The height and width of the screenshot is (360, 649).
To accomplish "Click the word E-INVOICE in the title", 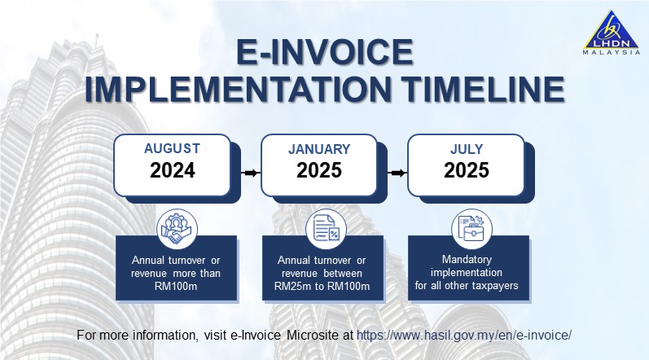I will [324, 54].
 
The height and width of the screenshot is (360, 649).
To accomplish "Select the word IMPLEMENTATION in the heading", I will [229, 90].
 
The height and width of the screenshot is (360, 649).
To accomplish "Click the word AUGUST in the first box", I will [172, 149].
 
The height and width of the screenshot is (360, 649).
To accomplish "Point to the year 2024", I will [173, 170].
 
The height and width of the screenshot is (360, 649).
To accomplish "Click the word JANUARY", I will [319, 149].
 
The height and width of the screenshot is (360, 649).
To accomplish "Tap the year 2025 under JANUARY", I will [319, 170].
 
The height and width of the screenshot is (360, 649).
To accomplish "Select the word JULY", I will [466, 149].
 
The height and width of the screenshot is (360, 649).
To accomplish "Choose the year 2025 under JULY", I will [466, 170].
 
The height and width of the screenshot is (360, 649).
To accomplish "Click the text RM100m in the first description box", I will [176, 286].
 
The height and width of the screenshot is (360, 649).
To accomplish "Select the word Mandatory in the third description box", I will [467, 260].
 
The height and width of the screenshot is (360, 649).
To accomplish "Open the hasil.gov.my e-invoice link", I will [464, 335].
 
